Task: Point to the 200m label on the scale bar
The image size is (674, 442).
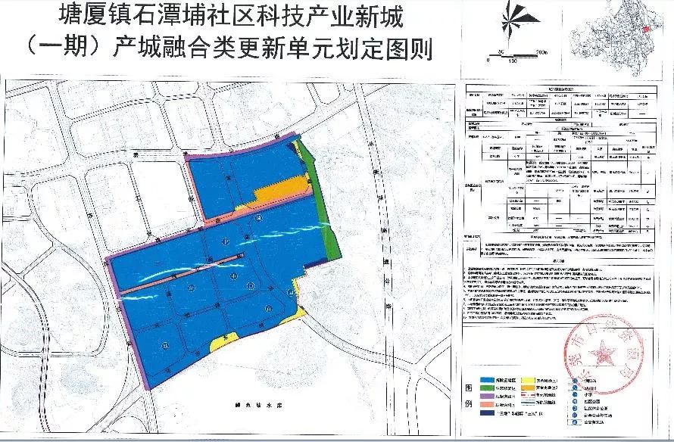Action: (x=540, y=52)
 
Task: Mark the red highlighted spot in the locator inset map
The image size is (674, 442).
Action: (x=644, y=28)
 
